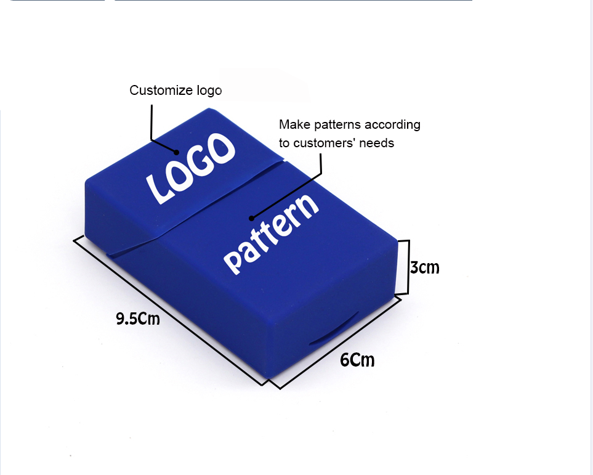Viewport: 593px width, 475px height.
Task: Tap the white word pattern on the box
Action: (x=271, y=233)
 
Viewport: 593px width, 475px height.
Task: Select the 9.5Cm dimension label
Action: (x=138, y=319)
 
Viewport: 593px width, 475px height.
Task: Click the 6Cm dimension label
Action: (x=357, y=359)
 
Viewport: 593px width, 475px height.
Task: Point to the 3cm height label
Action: (x=425, y=268)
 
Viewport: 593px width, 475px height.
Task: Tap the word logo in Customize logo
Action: (x=209, y=91)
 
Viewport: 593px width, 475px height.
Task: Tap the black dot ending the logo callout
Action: (x=177, y=152)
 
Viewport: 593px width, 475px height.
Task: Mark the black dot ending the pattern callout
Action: (x=251, y=217)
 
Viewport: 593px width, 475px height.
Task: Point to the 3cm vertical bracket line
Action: (x=408, y=267)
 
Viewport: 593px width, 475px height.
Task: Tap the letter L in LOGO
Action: (x=157, y=189)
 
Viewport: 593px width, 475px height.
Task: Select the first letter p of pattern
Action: (x=233, y=260)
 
